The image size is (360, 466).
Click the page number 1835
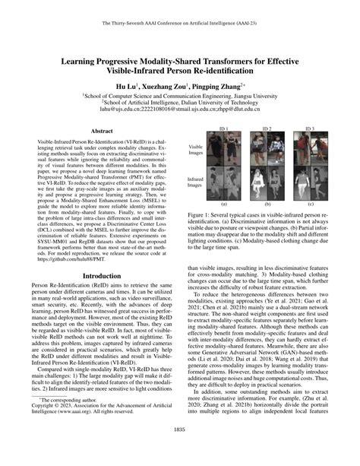click(x=179, y=451)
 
